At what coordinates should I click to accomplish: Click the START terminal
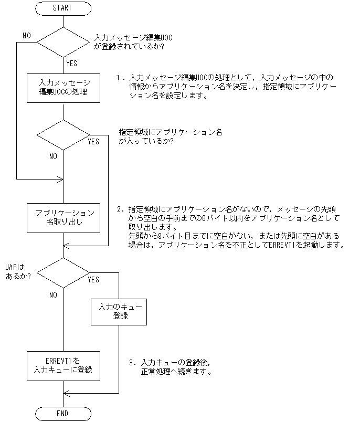pyautogui.click(x=62, y=8)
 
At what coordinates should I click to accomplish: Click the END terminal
pyautogui.click(x=62, y=414)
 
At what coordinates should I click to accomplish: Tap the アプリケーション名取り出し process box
pyautogui.click(x=62, y=218)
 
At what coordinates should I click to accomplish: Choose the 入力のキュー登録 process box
pyautogui.click(x=119, y=311)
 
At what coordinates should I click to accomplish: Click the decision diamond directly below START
pyautogui.click(x=62, y=40)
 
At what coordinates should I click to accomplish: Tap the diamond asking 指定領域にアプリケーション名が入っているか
pyautogui.click(x=62, y=135)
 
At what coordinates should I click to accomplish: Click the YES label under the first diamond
pyautogui.click(x=72, y=63)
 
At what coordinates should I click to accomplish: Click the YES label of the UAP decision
pyautogui.click(x=93, y=280)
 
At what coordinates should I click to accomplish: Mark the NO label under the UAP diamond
pyautogui.click(x=53, y=294)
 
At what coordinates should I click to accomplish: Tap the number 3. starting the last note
pyautogui.click(x=132, y=363)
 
